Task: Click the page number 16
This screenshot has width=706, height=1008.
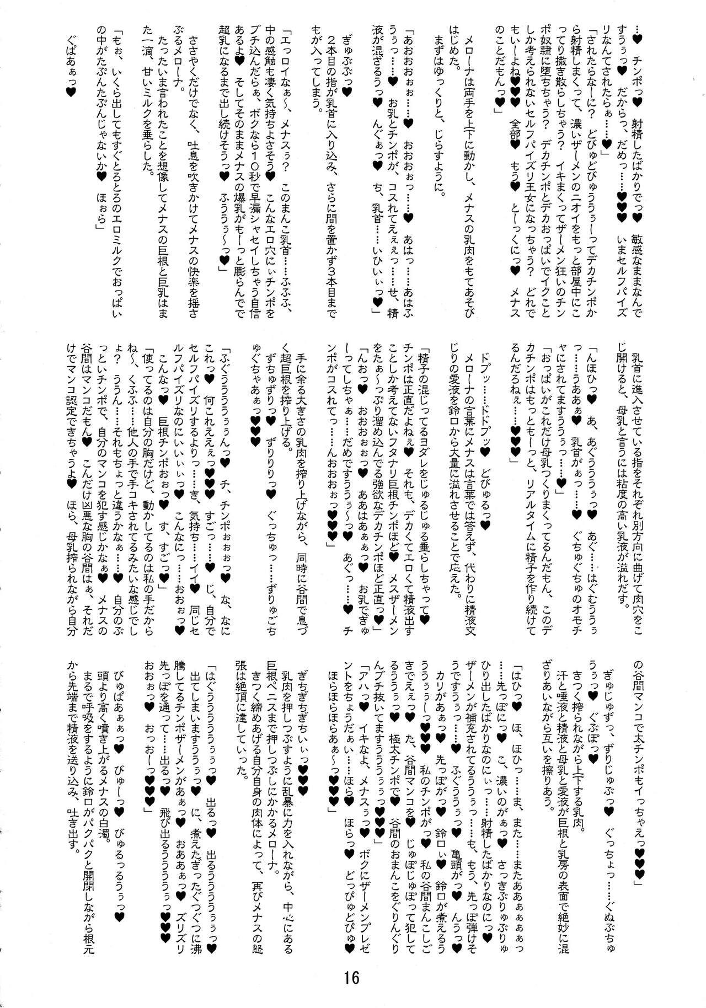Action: (x=351, y=978)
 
